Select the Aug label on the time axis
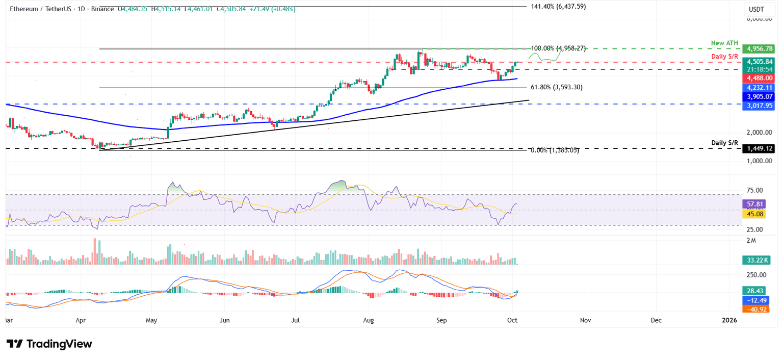[369, 320]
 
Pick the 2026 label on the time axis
[729, 320]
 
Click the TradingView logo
[49, 344]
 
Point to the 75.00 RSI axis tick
[755, 190]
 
